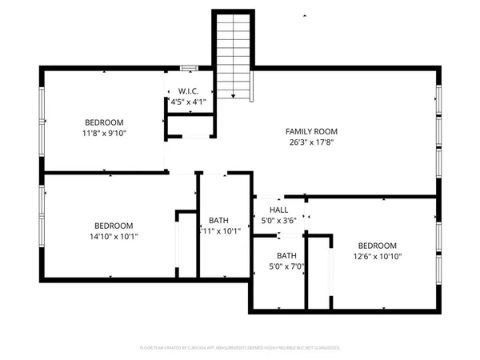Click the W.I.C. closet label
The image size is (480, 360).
tap(190, 90)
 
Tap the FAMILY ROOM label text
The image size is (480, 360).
tap(312, 131)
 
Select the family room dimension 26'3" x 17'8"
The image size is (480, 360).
tap(312, 143)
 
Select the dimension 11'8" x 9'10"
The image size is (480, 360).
tap(105, 133)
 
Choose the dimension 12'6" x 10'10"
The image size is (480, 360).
tap(378, 257)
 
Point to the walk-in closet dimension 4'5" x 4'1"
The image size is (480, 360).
tap(190, 102)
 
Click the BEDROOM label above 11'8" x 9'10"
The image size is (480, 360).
tap(105, 122)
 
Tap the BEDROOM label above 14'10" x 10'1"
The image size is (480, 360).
tap(113, 226)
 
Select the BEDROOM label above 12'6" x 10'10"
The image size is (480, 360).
tap(378, 246)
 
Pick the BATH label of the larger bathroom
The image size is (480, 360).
tap(219, 221)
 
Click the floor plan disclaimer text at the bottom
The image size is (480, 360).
tap(240, 348)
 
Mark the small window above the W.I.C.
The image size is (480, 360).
tap(189, 68)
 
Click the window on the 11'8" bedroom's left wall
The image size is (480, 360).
tap(42, 119)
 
